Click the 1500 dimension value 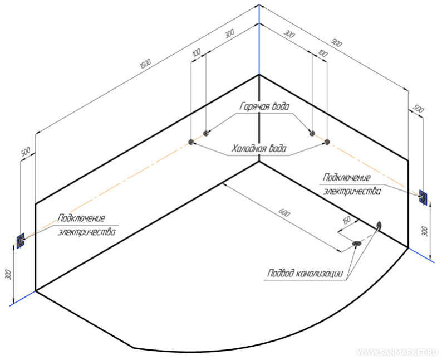point(145,64)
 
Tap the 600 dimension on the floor point(283,212)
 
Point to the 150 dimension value point(346,220)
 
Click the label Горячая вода point(264,106)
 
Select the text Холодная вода point(259,148)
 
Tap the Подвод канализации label point(306,273)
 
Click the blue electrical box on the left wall point(21,241)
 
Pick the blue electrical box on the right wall point(423,197)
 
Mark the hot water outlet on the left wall point(205,133)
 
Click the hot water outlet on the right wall point(312,133)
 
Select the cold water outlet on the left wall point(191,142)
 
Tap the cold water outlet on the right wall point(327,142)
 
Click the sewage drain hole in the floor point(357,243)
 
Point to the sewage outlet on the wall point(379,225)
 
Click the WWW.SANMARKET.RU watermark point(397,352)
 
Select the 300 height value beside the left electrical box point(8,274)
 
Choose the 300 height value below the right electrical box point(426,231)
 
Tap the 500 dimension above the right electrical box point(418,109)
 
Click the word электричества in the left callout point(86,232)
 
